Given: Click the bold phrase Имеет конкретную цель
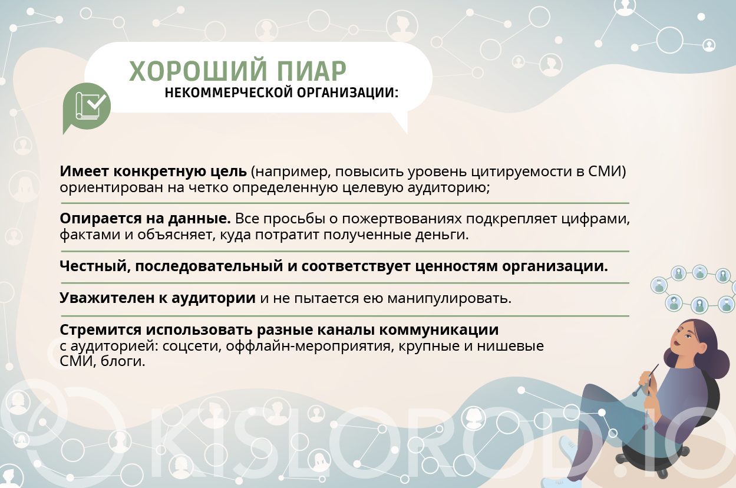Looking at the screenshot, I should (x=153, y=172).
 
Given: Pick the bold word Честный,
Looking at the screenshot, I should (x=94, y=266).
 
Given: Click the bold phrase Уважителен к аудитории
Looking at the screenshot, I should (x=157, y=298).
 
